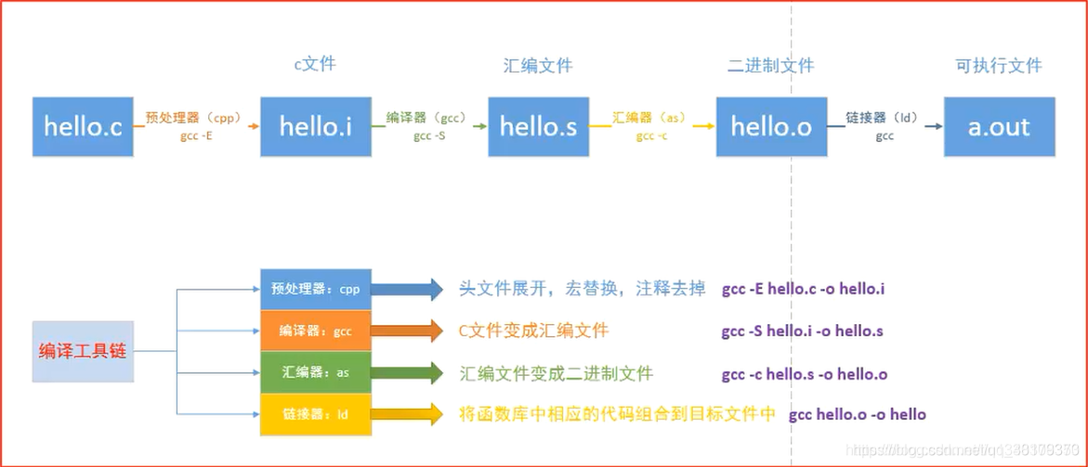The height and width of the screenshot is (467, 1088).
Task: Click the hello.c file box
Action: (x=83, y=126)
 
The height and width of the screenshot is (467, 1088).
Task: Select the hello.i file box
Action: (x=315, y=126)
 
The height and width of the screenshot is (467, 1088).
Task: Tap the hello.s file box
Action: (x=538, y=126)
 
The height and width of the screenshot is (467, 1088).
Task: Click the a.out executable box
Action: (x=999, y=126)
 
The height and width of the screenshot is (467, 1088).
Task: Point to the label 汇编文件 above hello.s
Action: (x=538, y=66)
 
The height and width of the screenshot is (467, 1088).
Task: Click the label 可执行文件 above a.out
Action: (x=999, y=66)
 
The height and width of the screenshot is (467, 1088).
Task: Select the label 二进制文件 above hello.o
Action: (x=771, y=66)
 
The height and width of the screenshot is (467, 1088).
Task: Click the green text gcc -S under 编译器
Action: (x=429, y=136)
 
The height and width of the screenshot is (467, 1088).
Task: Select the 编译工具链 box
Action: (x=84, y=351)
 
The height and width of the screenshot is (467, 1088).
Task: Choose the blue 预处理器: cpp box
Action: (x=316, y=289)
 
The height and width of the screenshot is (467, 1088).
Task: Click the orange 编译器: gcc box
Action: (x=316, y=331)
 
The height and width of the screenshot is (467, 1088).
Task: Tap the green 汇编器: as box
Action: (x=316, y=372)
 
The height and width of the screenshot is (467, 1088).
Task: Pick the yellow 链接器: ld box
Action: (x=316, y=414)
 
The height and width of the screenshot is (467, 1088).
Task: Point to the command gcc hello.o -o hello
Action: (x=857, y=414)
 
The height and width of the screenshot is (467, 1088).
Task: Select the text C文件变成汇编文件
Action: (x=534, y=331)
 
